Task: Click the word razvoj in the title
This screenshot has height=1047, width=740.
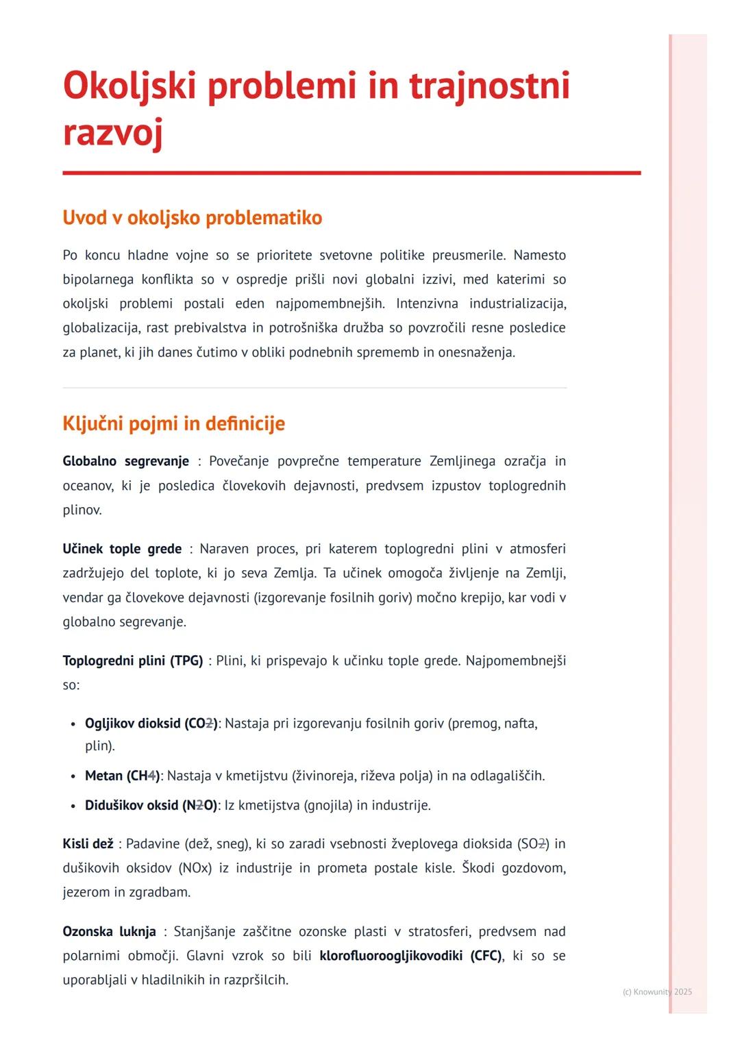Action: pos(112,132)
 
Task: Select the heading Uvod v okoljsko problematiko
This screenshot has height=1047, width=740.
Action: pos(192,218)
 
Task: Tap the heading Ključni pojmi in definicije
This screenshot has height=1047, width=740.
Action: pos(173,423)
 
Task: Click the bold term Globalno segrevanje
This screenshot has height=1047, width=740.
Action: pos(125,461)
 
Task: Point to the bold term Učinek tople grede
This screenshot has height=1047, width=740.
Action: pos(122,549)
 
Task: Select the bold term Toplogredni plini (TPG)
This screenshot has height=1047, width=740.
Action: pos(132,661)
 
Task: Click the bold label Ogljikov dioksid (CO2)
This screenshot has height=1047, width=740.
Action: pos(151,724)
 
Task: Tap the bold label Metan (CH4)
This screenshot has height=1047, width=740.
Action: pos(122,776)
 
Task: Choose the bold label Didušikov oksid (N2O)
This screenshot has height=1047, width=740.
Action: pos(151,805)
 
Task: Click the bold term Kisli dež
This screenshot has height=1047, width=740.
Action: pos(88,843)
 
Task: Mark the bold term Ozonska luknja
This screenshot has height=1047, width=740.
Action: pos(109,931)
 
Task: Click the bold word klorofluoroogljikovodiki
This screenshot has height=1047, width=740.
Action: pos(391,955)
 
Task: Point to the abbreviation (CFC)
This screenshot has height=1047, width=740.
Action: pos(486,955)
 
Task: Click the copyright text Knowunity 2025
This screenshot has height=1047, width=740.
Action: pos(657,991)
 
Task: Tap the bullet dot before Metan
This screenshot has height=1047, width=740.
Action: pos(73,776)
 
